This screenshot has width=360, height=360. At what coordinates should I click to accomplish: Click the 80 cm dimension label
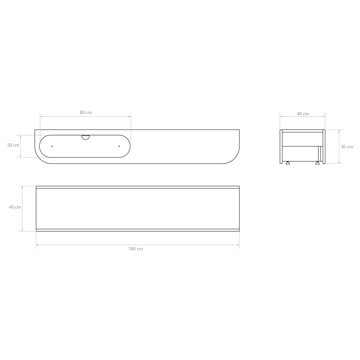point(86,113)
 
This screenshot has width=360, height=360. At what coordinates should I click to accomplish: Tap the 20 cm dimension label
point(13,145)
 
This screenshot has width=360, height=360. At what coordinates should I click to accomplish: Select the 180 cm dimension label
point(135,249)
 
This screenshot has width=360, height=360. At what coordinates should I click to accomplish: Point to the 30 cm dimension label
point(347,147)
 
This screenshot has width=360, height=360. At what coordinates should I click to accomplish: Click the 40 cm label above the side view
point(303,114)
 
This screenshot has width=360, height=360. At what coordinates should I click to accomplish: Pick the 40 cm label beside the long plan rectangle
point(15,207)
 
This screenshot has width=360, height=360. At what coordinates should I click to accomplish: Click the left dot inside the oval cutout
point(52,146)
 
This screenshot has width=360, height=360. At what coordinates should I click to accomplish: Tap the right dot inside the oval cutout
point(119,146)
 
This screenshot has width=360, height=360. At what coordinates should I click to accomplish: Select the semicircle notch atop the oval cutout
point(86,137)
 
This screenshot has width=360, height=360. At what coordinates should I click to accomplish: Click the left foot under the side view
point(288,163)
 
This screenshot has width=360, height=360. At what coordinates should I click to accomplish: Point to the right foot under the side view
point(317,163)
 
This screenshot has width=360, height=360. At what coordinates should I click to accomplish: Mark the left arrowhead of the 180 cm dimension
point(37,245)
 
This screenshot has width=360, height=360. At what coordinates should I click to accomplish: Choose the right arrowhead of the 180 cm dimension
point(238,245)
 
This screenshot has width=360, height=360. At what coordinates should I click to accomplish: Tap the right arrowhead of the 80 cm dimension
point(129,117)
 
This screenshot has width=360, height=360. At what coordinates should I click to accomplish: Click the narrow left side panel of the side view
point(281,147)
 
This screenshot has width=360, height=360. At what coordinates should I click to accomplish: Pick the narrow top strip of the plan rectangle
point(138,187)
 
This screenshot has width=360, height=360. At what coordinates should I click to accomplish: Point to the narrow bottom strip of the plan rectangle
point(138,230)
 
